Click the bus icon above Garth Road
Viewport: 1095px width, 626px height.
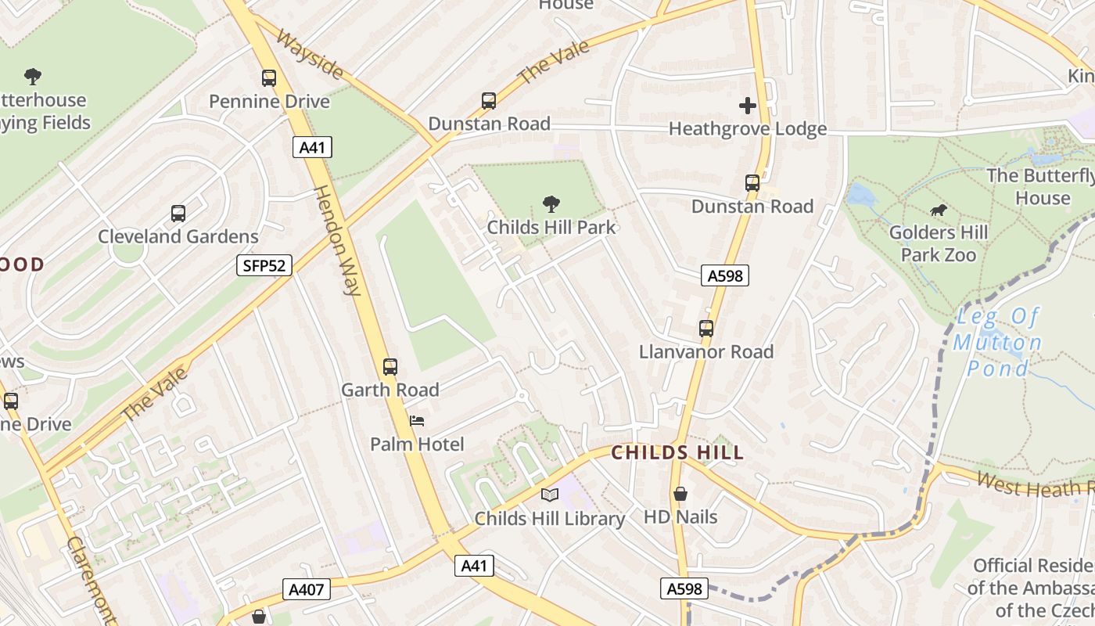[x=390, y=366]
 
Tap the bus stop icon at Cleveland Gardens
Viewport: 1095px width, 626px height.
[x=178, y=214]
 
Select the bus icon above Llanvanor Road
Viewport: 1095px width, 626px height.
[x=706, y=329]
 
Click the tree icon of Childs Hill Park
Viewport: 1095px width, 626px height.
[x=551, y=204]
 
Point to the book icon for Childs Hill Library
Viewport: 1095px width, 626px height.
[x=550, y=495]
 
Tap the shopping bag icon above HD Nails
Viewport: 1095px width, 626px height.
[x=680, y=494]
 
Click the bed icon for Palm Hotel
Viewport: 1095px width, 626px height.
[x=417, y=421]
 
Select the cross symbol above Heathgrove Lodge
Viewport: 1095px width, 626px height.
[x=747, y=106]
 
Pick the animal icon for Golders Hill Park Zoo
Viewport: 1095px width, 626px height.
[x=938, y=210]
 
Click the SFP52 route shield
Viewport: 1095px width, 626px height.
[x=264, y=266]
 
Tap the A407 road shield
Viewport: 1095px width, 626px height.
[x=306, y=589]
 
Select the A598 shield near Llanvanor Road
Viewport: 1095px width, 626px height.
[x=725, y=275]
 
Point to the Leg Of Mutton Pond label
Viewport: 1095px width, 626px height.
[x=997, y=342]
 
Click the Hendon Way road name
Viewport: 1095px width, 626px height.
[x=337, y=240]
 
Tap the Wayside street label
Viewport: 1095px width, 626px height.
[x=309, y=56]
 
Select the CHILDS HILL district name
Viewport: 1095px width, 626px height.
[x=677, y=452]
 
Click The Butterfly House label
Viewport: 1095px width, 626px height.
[x=1040, y=186]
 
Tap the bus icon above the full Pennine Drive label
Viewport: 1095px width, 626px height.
[x=269, y=78]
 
